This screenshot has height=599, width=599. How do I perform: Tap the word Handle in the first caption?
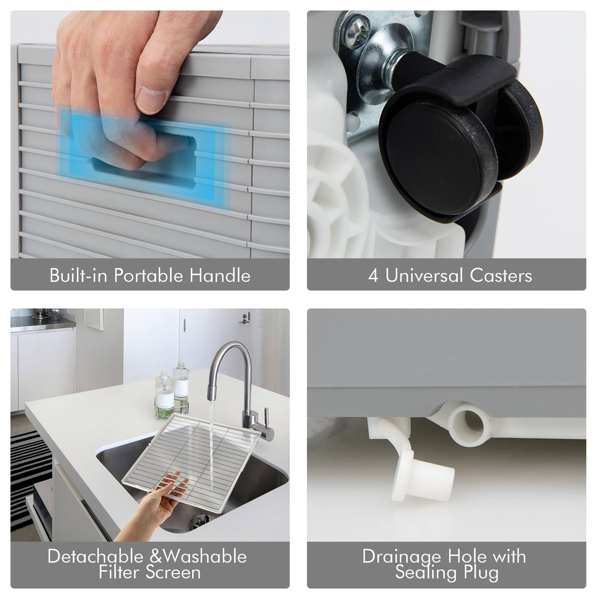(220, 275)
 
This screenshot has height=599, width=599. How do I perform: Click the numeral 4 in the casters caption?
(373, 275)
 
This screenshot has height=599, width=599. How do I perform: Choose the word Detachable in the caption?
(96, 556)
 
